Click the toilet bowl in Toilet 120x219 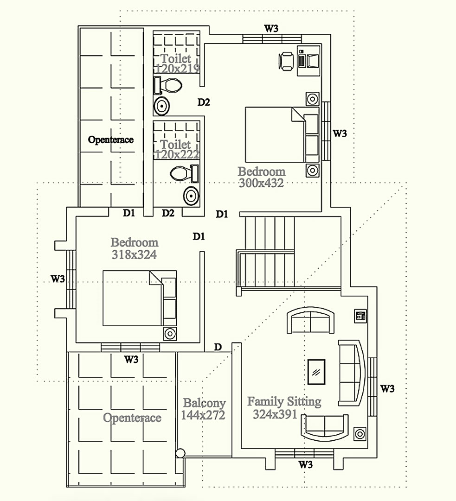[168, 85]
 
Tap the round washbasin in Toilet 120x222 [191, 196]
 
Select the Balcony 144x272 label [204, 409]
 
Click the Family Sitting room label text [284, 402]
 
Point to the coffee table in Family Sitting [316, 372]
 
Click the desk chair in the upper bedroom [286, 61]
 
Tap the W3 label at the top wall [271, 28]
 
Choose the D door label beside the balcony [218, 347]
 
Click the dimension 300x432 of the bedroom [261, 183]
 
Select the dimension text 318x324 [135, 254]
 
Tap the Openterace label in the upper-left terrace [111, 140]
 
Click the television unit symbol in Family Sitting [360, 316]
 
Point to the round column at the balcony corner [180, 453]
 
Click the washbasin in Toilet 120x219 [162, 106]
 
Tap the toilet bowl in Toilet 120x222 [184, 173]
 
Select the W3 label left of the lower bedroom [58, 279]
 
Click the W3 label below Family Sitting [305, 464]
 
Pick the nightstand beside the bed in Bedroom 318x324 [170, 334]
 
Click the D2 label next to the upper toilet [204, 102]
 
